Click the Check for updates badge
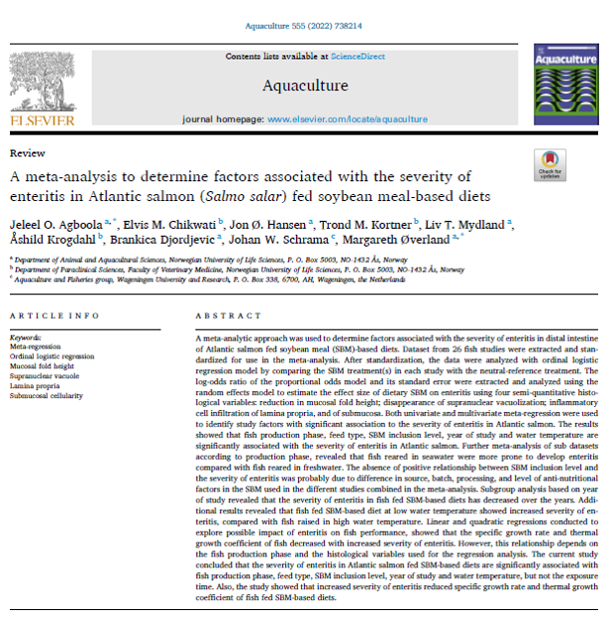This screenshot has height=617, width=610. (549, 165)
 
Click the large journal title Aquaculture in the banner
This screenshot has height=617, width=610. (304, 85)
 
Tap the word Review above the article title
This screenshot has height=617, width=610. (24, 154)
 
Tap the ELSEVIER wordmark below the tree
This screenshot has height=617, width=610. (42, 121)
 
